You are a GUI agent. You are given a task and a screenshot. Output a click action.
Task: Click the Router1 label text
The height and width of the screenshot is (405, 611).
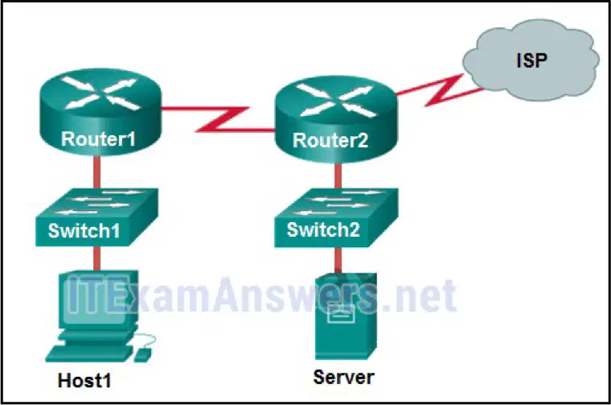(98, 139)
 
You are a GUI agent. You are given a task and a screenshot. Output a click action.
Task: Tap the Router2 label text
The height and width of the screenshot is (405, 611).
(330, 140)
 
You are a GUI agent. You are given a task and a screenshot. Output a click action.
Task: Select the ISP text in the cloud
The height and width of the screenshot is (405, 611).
(532, 60)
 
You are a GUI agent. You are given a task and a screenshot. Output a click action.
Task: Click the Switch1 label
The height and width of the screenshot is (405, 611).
(84, 230)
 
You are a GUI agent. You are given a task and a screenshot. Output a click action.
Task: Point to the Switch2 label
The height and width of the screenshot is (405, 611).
(323, 229)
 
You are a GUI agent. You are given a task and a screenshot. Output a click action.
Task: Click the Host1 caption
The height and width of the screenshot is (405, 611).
(84, 380)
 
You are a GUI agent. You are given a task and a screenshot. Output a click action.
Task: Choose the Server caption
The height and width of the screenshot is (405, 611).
(344, 378)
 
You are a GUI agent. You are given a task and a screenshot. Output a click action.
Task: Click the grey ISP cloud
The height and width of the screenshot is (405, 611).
(531, 60)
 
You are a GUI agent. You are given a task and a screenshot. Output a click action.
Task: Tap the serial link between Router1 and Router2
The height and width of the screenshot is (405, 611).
(222, 119)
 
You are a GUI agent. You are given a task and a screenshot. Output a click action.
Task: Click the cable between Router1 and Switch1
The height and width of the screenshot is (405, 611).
(96, 172)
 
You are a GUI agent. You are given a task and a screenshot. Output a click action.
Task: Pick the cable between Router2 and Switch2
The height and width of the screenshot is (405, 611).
(338, 176)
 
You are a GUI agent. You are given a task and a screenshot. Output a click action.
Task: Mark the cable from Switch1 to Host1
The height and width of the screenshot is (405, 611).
(96, 258)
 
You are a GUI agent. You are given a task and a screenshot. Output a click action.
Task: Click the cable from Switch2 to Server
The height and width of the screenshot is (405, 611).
(338, 260)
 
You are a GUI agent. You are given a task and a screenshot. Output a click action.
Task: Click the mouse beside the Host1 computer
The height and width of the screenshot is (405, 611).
(142, 354)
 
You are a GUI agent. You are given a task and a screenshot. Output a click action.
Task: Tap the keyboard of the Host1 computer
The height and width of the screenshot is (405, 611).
(89, 353)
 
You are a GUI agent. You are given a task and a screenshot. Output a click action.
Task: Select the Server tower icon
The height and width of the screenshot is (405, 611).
(346, 316)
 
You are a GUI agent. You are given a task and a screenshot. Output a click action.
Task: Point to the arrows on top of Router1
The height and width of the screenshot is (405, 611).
(100, 93)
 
